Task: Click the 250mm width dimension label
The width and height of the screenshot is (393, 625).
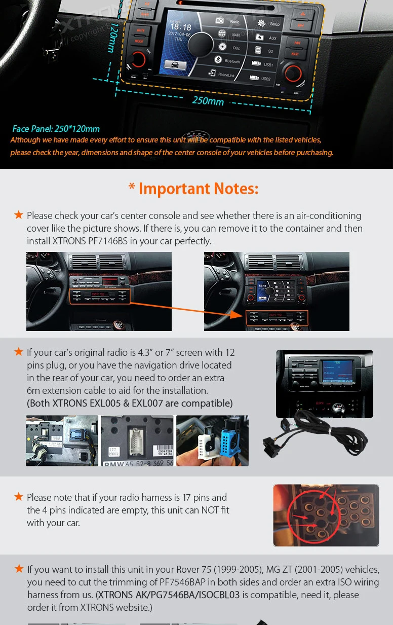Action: [x=208, y=100]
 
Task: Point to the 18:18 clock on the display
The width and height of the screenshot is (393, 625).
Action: [x=180, y=27]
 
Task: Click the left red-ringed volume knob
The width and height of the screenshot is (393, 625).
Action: [x=138, y=59]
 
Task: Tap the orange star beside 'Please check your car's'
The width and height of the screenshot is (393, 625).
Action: [x=19, y=215]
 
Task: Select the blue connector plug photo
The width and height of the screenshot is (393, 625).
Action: [x=212, y=440]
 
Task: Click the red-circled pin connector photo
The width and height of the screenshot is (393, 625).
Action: [x=326, y=515]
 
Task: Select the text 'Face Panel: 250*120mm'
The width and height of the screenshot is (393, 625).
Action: [x=56, y=129]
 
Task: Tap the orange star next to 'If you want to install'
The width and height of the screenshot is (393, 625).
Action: [x=19, y=569]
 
